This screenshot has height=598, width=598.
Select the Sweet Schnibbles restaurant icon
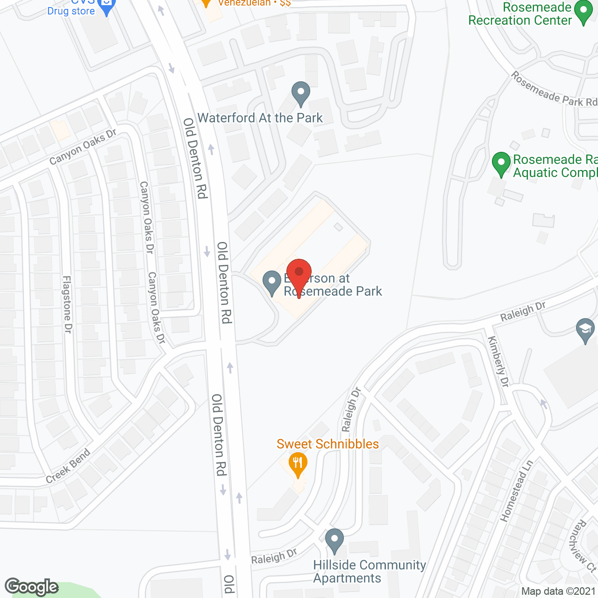(x=298, y=464)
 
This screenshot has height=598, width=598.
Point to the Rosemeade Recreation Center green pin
(x=583, y=12)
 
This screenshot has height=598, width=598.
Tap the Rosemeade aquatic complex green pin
(x=501, y=164)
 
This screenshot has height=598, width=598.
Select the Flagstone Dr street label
(x=67, y=304)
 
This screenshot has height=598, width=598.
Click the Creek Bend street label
(x=68, y=466)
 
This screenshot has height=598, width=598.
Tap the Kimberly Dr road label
(x=498, y=362)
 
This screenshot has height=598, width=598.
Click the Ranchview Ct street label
(x=579, y=547)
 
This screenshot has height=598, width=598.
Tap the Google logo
(x=32, y=587)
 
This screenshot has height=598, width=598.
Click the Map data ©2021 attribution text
(x=558, y=591)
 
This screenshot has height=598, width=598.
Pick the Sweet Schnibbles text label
(x=327, y=444)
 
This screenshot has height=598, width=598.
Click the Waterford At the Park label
(x=260, y=118)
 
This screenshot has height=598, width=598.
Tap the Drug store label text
(x=71, y=11)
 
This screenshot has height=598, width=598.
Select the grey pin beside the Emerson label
(x=271, y=282)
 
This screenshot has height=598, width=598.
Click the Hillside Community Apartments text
(x=369, y=571)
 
